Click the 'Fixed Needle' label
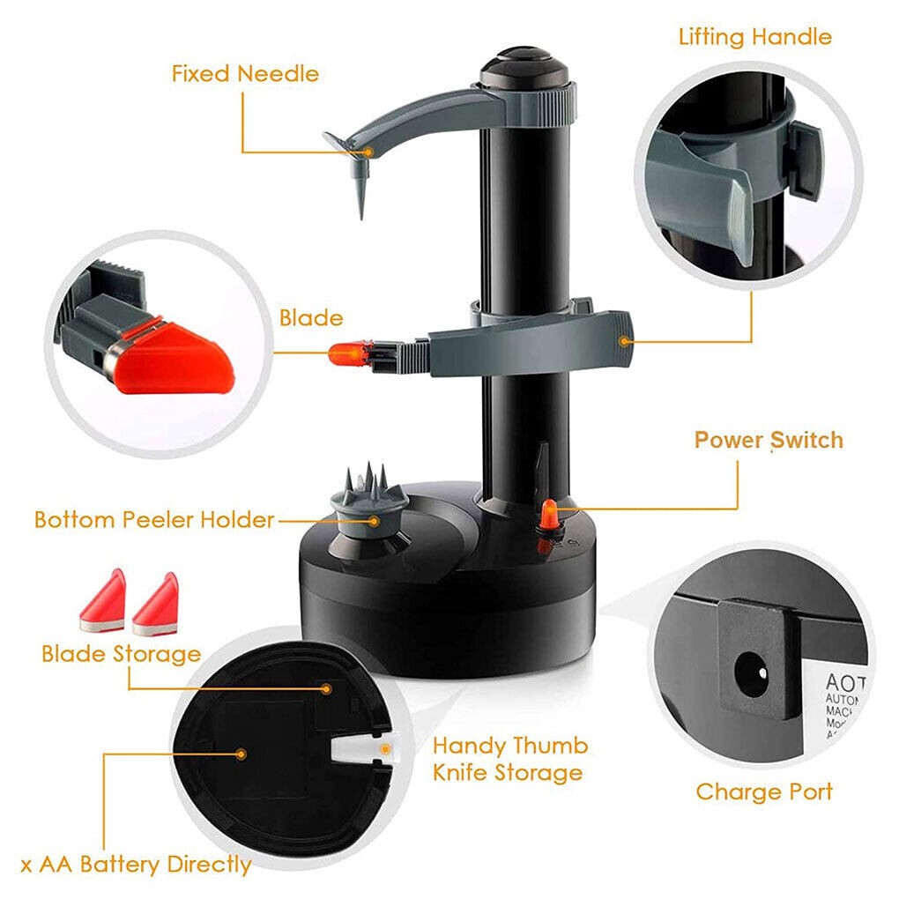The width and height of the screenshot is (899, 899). [x=245, y=73]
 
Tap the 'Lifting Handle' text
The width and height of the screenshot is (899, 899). [x=754, y=37]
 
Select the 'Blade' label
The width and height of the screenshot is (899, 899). [x=311, y=317]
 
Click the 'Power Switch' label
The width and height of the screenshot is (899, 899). [x=769, y=440]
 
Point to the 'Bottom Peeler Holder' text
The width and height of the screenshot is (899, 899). [x=154, y=519]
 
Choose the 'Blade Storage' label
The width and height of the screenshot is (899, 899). [x=121, y=654]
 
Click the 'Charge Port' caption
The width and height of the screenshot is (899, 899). [x=763, y=791]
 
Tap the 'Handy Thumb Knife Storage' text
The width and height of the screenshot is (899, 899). [x=509, y=759]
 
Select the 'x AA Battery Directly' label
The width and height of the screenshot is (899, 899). [x=136, y=865]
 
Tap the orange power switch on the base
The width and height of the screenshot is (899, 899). [x=548, y=515]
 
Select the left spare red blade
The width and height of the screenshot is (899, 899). [x=103, y=602]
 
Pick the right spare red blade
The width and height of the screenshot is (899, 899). [x=156, y=605]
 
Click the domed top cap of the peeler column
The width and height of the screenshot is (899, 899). [x=524, y=65]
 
